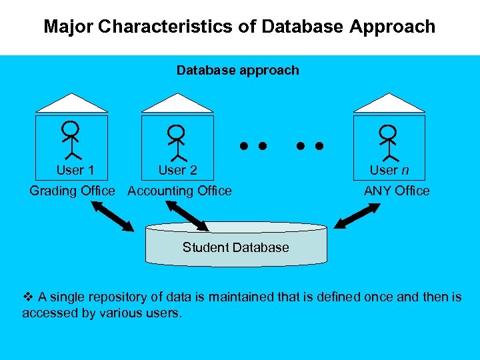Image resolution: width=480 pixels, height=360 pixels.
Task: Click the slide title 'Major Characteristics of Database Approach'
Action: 239,27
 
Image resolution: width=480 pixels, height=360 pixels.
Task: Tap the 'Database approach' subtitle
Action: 237,70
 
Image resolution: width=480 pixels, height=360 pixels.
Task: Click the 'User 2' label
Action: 177,170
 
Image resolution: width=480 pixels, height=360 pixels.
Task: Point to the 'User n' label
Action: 389,170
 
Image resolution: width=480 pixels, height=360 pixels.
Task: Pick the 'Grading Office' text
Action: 72,191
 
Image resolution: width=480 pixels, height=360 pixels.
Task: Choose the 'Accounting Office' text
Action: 179,191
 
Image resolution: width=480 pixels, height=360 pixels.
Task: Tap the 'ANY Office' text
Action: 397,191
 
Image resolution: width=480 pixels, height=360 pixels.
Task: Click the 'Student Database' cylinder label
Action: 235,247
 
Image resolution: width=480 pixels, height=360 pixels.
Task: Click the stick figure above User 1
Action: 70,139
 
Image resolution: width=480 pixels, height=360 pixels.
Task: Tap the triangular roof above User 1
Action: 71,103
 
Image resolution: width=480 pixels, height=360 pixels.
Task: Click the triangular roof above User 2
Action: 177,103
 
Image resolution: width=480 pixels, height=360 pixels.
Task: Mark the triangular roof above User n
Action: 389,103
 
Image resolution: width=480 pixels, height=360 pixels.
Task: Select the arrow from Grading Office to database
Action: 113,216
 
